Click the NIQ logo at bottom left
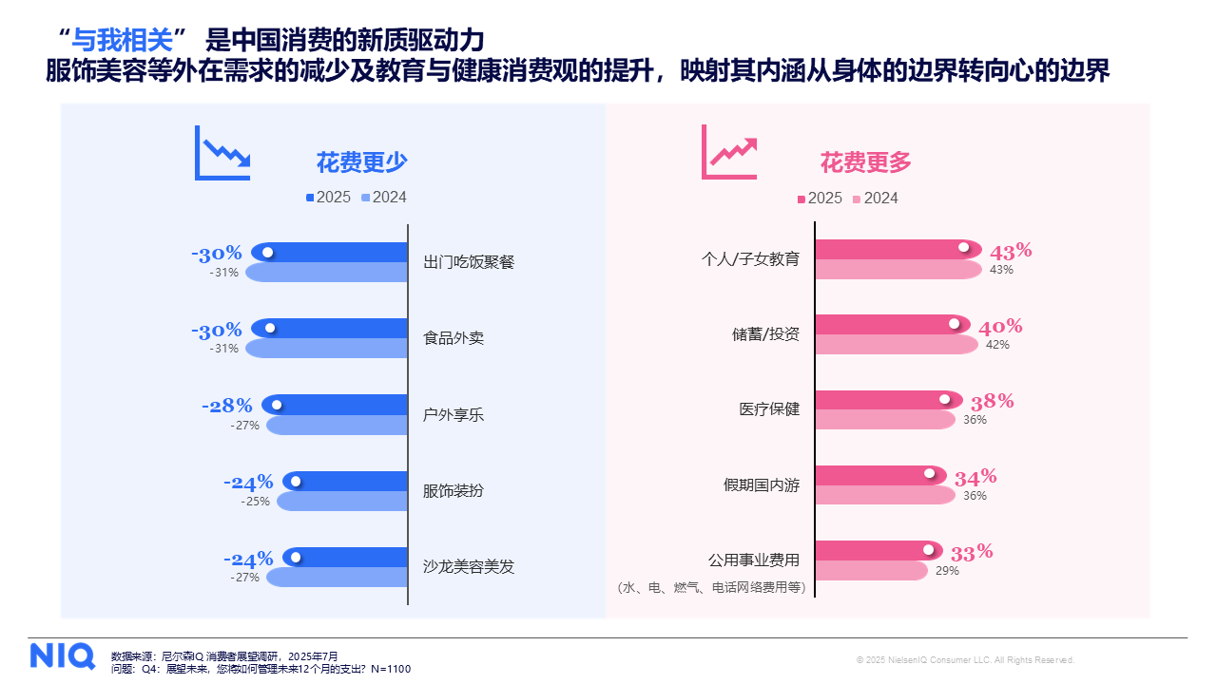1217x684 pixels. point(62,655)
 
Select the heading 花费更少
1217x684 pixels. point(361,162)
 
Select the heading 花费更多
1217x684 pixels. point(866,162)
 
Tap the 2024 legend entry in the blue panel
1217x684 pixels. point(383,198)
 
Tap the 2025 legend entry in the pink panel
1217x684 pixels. point(820,198)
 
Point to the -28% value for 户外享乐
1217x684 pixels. point(227,406)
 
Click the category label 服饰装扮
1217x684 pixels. point(453,490)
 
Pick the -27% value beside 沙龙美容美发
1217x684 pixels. point(244,577)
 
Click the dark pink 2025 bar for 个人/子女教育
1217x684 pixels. point(884,249)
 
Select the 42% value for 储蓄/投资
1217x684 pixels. point(997,345)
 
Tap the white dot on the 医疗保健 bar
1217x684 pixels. point(944,399)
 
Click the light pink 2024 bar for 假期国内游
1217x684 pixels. point(884,495)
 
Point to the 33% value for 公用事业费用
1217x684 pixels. point(972,552)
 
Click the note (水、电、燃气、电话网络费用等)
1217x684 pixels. point(711,588)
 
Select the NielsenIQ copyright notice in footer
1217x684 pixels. point(965,659)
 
